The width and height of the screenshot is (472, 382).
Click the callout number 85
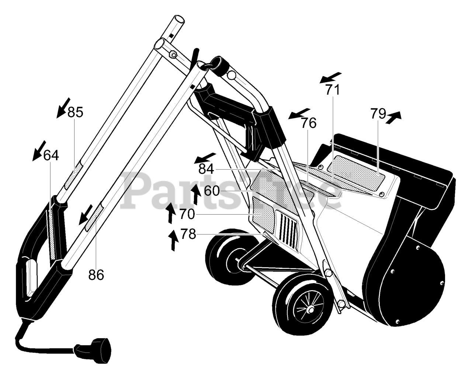[x=75, y=112]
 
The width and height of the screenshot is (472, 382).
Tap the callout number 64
[x=51, y=155]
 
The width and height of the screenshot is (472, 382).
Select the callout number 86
[x=96, y=275]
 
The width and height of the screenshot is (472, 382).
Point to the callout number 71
[x=332, y=90]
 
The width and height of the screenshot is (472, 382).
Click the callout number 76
[x=309, y=123]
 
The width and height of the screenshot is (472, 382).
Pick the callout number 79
[x=378, y=114]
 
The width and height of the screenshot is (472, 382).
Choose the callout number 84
[x=206, y=169]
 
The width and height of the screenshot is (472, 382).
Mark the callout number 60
[x=212, y=191]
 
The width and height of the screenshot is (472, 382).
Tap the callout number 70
[x=187, y=214]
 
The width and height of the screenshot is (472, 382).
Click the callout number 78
[x=188, y=234]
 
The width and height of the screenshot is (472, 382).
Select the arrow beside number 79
[x=393, y=117]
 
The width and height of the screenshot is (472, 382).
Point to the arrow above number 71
[x=330, y=78]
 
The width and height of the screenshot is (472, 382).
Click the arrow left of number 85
[x=63, y=108]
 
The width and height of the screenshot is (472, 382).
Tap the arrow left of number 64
[x=39, y=151]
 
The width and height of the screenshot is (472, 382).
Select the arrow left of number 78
[x=173, y=240]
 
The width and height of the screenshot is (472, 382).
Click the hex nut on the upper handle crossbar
[x=173, y=54]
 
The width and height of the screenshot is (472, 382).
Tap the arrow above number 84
[x=205, y=158]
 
